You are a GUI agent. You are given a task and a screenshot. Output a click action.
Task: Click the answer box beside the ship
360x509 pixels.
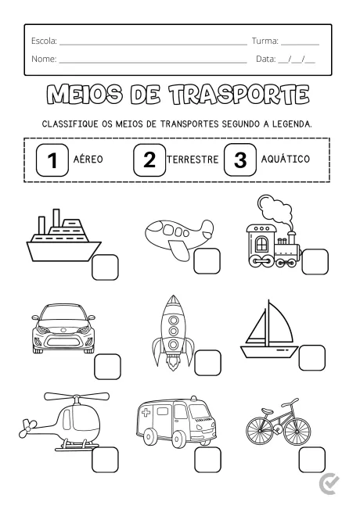(x=105, y=267)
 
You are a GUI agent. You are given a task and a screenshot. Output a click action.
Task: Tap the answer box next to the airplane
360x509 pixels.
(x=207, y=262)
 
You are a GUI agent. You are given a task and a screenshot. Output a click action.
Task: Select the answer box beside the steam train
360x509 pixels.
(x=315, y=261)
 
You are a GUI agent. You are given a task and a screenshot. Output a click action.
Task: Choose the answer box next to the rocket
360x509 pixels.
(x=207, y=363)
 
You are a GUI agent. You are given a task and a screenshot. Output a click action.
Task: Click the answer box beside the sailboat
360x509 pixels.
(x=310, y=357)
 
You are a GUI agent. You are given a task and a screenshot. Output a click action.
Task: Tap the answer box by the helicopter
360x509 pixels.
(x=105, y=459)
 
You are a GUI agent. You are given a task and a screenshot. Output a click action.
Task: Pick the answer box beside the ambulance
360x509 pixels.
(x=207, y=459)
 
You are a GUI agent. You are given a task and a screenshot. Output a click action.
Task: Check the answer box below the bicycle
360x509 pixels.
(x=311, y=459)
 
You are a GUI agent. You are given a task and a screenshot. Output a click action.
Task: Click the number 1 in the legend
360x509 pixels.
(x=52, y=160)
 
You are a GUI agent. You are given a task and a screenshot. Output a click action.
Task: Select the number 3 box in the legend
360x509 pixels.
(x=240, y=160)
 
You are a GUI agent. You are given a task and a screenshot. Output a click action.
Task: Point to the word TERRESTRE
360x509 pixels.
(x=193, y=160)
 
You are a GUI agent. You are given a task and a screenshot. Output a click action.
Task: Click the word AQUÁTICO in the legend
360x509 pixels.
(x=285, y=160)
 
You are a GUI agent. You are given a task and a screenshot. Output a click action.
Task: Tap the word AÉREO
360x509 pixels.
(x=88, y=160)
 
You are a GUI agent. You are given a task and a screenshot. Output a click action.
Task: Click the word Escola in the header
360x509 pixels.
(x=44, y=39)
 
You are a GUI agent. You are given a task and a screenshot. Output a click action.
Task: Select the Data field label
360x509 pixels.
(x=267, y=59)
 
